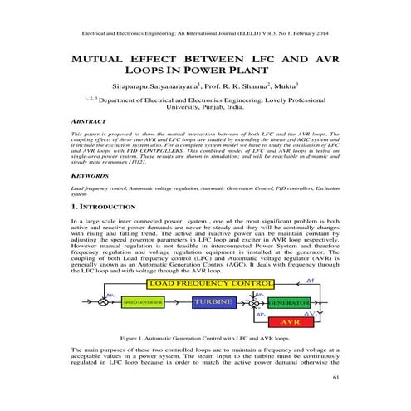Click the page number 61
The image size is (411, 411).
coord(336,378)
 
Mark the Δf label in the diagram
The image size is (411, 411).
coord(311,283)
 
